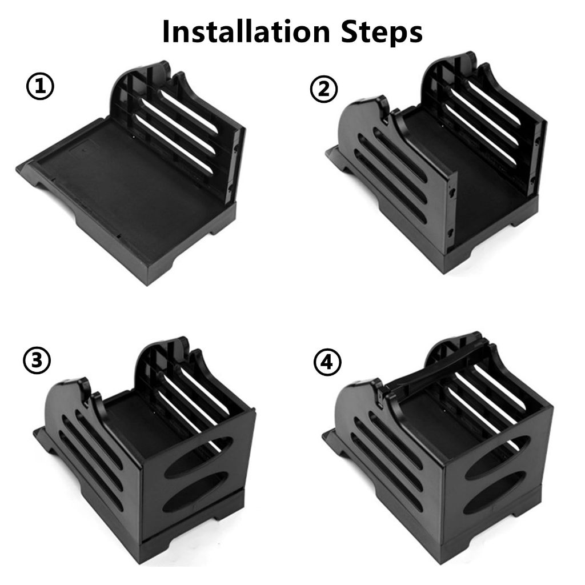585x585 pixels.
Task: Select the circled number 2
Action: [324, 90]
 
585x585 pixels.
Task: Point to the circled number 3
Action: [37, 360]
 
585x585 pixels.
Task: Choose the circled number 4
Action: [327, 362]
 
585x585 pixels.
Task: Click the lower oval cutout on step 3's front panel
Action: [195, 492]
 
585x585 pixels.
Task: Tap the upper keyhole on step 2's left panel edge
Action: [452, 193]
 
